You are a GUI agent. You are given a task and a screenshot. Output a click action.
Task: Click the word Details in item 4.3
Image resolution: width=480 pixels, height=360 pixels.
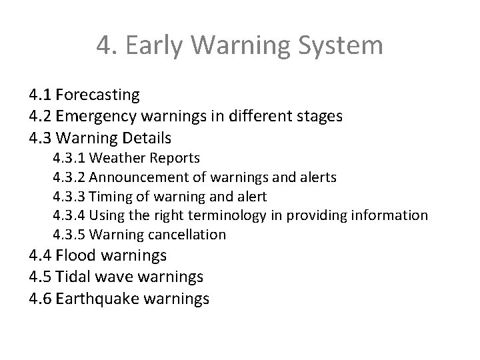[x=147, y=138]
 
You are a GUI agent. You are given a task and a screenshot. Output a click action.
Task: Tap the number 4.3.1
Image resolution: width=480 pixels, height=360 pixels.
[x=69, y=158]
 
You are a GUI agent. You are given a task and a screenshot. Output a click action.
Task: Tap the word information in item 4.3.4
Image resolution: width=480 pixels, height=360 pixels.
[x=388, y=215]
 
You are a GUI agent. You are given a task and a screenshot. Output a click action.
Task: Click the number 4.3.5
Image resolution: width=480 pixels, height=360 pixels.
[x=69, y=235]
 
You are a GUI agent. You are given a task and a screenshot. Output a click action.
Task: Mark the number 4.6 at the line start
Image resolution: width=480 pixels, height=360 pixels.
[x=41, y=298]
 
